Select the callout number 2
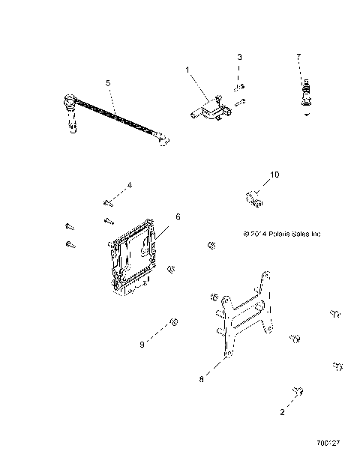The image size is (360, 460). [282, 412]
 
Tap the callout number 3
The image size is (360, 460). [239, 57]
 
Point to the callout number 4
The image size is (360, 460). [129, 184]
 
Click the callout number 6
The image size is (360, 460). [177, 217]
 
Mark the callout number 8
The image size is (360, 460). [201, 380]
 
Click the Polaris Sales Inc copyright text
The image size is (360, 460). [281, 234]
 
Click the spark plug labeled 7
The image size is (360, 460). [305, 96]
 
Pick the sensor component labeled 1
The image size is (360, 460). [209, 108]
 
